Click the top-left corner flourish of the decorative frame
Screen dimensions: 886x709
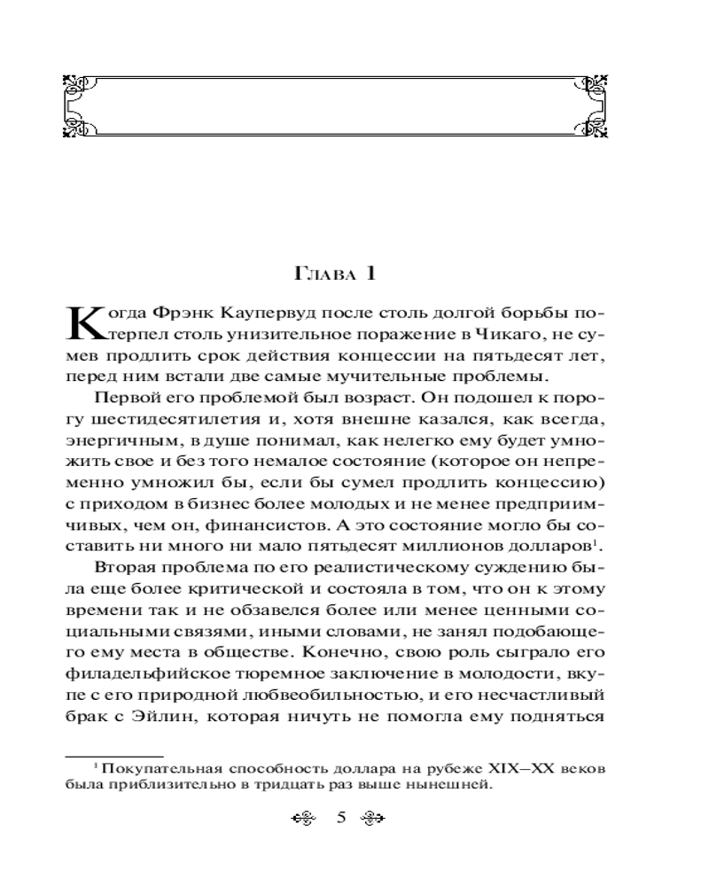(x=78, y=85)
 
